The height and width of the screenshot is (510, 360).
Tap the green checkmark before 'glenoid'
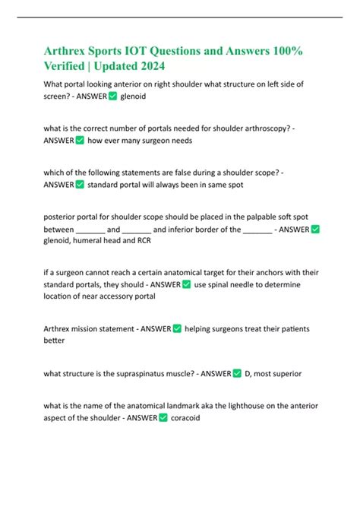[112, 97]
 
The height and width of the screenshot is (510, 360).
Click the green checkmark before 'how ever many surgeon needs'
[80, 141]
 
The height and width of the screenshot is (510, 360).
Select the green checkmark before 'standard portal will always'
[80, 184]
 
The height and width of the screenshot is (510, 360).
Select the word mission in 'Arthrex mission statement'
[87, 328]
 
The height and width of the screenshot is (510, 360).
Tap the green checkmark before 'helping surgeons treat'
[177, 328]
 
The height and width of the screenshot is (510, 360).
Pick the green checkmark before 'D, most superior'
[237, 373]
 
